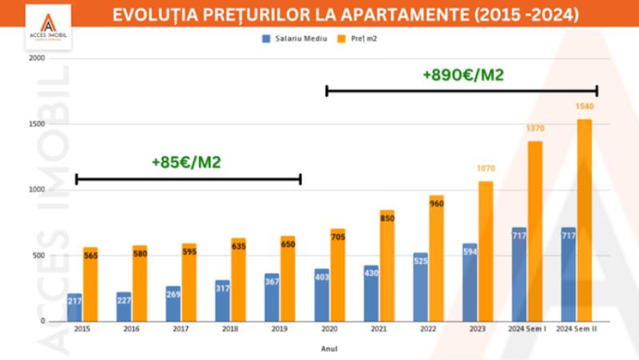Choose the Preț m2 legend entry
coord(359,38)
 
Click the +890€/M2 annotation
coord(462,75)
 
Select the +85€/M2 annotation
coord(186,162)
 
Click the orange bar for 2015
coord(90,284)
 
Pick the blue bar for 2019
coord(272,297)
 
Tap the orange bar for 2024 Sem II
coord(585,220)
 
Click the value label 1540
coord(585,106)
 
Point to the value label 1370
coord(535,129)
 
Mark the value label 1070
coord(485,169)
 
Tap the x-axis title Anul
coord(328,348)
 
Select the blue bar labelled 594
coord(469,282)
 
